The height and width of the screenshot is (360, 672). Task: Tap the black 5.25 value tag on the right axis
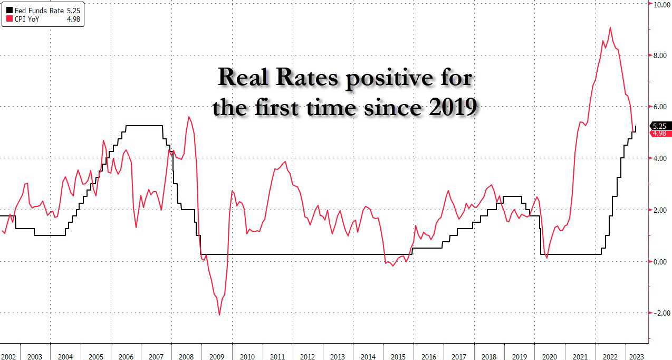[x=660, y=126]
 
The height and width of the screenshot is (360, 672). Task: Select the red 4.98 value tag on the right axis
[x=660, y=134]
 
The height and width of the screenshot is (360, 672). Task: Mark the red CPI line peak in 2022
[x=610, y=27]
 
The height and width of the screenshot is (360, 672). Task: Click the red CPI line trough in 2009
[x=219, y=315]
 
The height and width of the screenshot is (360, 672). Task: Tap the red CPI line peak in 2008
[x=189, y=117]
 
